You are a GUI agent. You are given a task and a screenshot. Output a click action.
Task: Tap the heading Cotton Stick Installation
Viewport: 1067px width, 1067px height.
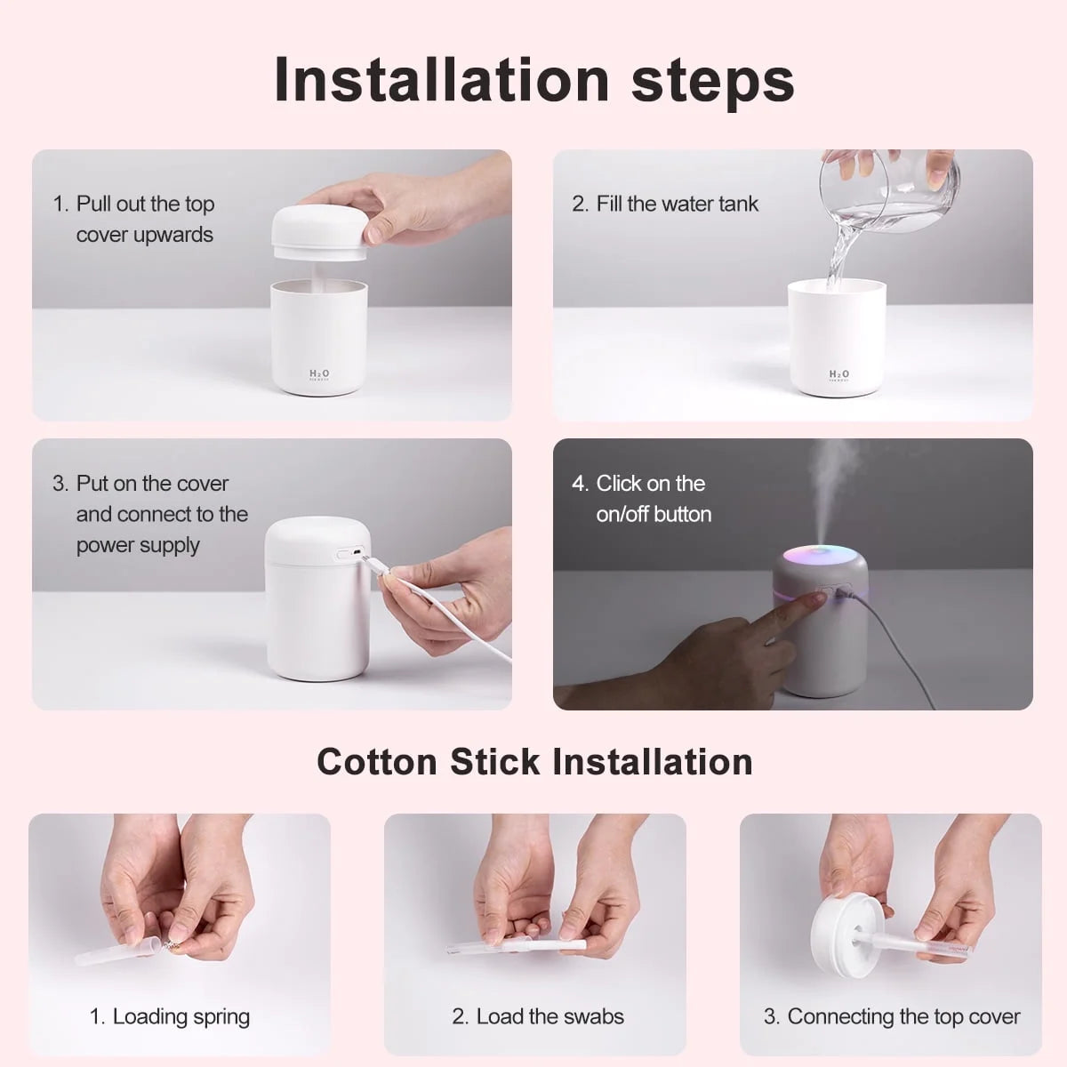coord(534,762)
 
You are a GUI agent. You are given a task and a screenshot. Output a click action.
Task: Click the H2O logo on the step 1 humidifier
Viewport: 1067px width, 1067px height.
coord(318,375)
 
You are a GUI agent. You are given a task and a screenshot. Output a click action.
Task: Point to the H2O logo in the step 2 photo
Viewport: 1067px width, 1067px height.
coord(838,375)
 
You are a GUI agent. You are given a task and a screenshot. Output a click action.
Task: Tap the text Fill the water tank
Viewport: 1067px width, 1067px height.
coord(676,204)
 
